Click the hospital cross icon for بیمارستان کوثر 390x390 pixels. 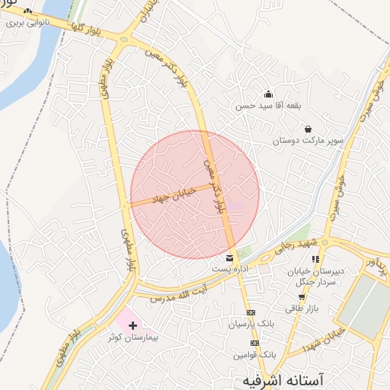(x=134, y=325)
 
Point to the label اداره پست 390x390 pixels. (x=231, y=270)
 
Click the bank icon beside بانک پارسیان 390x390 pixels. (x=251, y=312)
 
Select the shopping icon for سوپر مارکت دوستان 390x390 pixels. (x=308, y=129)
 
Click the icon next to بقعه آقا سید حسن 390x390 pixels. (x=269, y=94)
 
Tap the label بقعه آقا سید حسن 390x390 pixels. (x=264, y=106)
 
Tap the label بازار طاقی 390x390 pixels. (x=302, y=308)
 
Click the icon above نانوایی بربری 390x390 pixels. (x=28, y=11)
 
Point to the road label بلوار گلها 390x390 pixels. (x=86, y=30)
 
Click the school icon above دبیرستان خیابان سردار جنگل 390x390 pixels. (x=315, y=260)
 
